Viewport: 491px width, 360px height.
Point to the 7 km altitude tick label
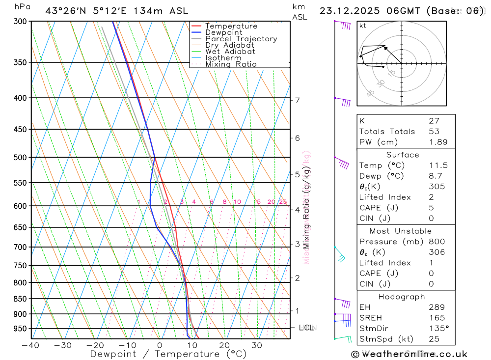297,100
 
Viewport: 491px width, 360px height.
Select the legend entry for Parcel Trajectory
241,39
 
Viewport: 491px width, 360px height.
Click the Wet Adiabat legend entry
230,52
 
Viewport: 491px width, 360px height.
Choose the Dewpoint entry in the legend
224,32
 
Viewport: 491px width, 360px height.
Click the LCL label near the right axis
306,328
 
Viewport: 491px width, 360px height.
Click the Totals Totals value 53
434,131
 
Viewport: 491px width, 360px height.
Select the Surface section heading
403,155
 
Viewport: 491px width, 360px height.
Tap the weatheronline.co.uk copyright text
409,354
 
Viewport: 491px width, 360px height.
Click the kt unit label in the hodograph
363,26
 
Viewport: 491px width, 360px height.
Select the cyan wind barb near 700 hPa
341,255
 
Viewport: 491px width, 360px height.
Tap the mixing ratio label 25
283,202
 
